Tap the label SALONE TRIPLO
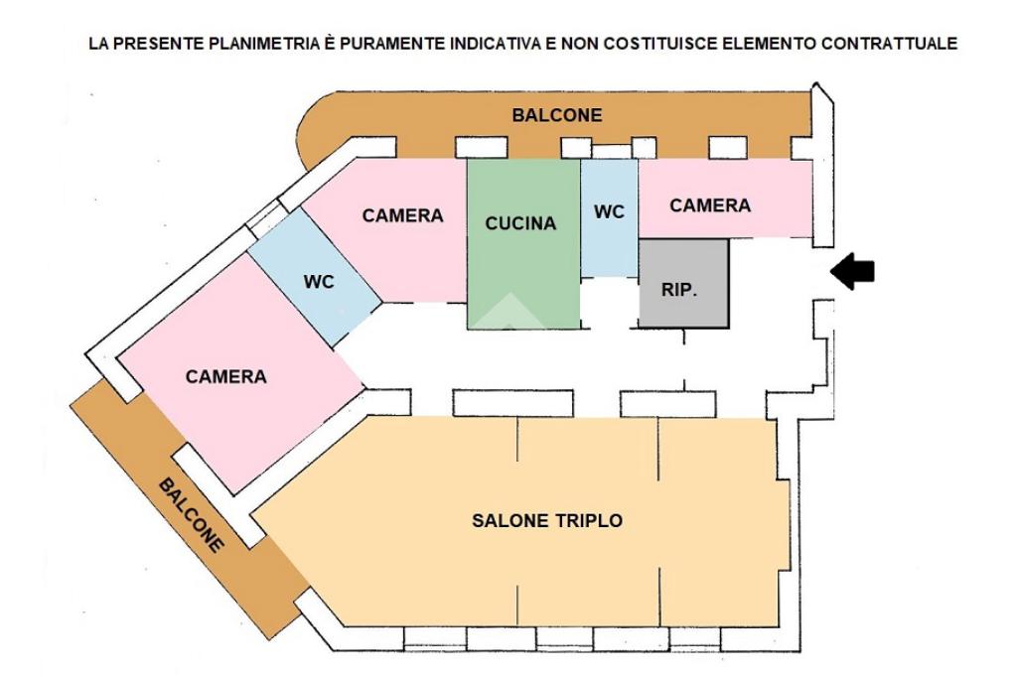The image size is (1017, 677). point(547,520)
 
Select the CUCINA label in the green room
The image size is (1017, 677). point(520,224)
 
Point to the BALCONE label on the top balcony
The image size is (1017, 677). point(556,115)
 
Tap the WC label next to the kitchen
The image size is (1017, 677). point(609,212)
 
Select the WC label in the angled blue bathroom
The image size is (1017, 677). point(319,281)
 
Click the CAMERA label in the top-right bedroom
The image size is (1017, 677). point(710,205)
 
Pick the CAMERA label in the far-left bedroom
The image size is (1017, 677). point(226,377)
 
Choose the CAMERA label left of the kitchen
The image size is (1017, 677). point(402,215)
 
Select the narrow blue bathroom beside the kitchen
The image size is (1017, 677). point(609,248)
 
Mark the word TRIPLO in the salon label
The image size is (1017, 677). point(592,520)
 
